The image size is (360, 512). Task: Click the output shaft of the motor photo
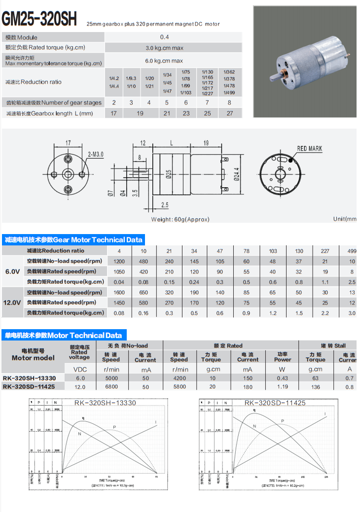(x=275, y=77)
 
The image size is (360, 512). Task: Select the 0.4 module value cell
(x=164, y=37)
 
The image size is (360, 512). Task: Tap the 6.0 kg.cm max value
(x=164, y=61)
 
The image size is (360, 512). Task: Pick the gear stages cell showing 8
(x=229, y=102)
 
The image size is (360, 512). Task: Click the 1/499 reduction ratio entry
(x=229, y=93)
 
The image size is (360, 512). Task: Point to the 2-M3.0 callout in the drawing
(x=96, y=154)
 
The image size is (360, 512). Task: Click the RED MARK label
(x=310, y=148)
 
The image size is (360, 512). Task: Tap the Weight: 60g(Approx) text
(x=180, y=219)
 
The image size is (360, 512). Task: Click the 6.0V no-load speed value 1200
(x=119, y=261)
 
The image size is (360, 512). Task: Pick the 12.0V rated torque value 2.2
(x=325, y=313)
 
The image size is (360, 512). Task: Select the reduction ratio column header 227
(x=325, y=251)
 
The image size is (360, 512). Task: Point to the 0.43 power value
(x=283, y=378)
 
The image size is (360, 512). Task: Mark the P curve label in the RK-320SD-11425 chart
(x=283, y=421)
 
